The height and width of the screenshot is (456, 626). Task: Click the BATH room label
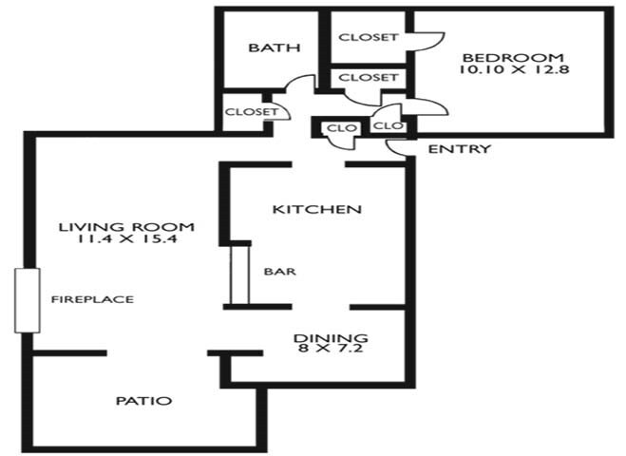tap(275, 48)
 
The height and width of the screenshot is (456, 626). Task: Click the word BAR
tap(280, 271)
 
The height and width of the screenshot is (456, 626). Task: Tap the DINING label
tap(330, 337)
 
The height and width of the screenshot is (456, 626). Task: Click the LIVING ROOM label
tap(126, 227)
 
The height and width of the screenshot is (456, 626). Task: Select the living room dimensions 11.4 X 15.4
tap(126, 240)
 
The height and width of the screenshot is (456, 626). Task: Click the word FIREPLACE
tap(92, 299)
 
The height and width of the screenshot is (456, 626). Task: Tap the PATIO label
tap(143, 401)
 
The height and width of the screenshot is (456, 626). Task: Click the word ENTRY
tap(460, 149)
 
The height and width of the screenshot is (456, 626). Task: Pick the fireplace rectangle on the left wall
tap(28, 299)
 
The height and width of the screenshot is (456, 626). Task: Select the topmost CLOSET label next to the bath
tap(368, 38)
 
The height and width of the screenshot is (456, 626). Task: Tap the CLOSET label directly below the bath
tap(251, 112)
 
